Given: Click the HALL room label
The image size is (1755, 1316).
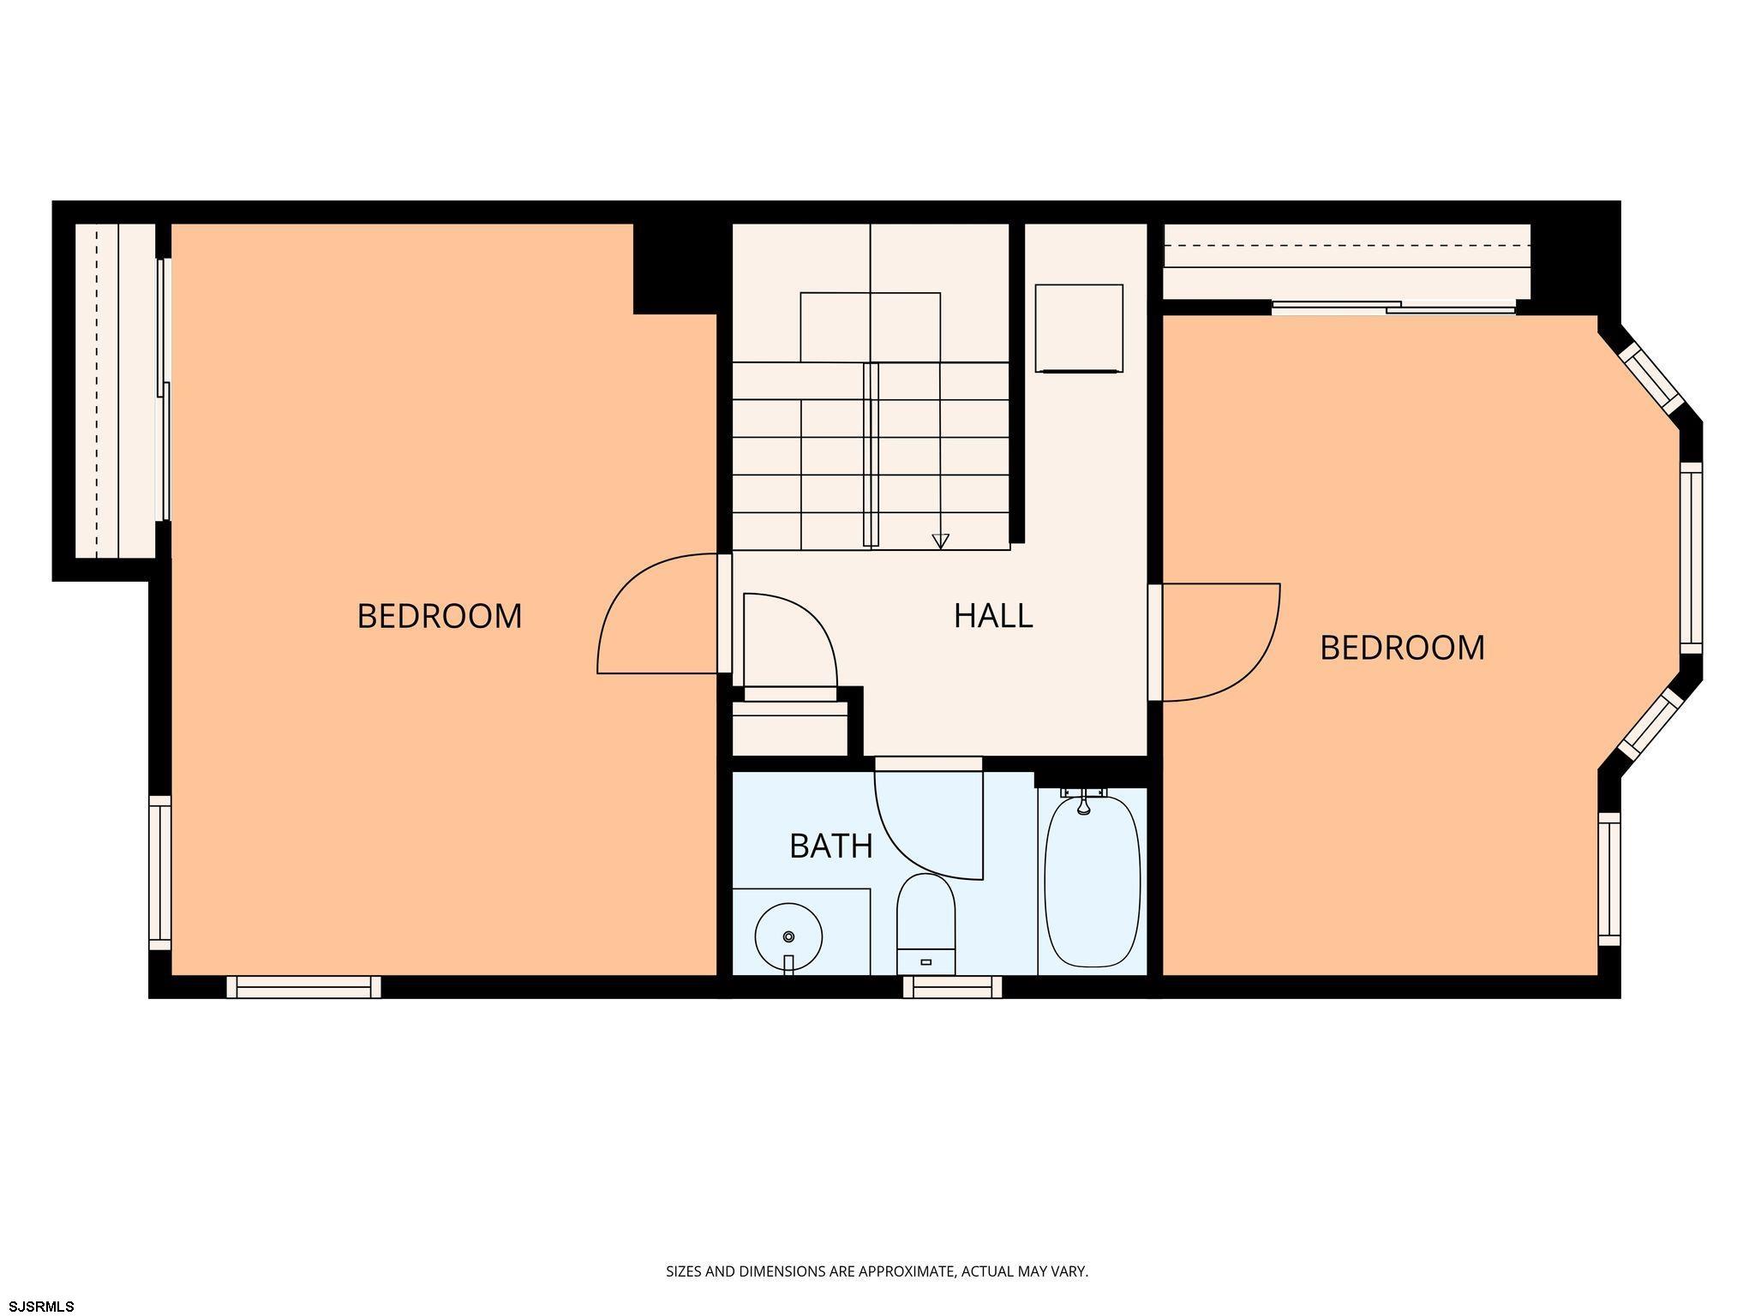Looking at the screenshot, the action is tap(993, 615).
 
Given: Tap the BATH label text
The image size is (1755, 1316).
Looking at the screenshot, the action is tap(830, 846).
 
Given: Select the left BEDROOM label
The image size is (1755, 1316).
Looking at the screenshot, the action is tap(439, 616).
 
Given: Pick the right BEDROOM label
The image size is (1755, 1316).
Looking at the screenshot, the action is tap(1402, 648).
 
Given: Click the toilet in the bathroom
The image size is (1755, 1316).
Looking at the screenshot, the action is tap(925, 924).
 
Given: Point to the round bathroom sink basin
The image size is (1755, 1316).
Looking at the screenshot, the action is tap(788, 936).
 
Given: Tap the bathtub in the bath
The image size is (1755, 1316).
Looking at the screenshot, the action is tap(1093, 882).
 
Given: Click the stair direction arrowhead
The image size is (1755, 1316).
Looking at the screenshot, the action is tap(940, 541).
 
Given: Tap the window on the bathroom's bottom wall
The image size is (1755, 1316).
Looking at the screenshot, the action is tap(952, 987).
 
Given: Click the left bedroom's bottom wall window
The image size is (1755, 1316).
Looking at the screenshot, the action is tap(303, 987).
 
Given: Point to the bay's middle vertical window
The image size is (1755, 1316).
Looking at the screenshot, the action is tap(1691, 558).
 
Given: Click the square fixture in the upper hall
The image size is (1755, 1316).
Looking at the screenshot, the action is tap(1079, 328).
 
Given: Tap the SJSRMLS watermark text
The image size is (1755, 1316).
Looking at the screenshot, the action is tap(42, 1307).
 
